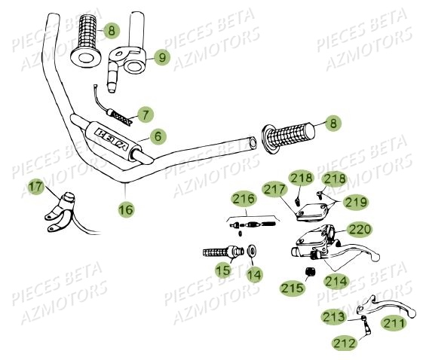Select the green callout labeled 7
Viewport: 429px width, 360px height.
tap(145, 114)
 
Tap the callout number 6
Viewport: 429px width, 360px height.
tap(157, 136)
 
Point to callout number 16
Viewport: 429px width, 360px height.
tap(126, 209)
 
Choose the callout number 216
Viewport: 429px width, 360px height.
tap(243, 199)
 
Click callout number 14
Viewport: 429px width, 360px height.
tap(255, 275)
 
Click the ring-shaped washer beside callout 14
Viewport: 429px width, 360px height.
tap(250, 251)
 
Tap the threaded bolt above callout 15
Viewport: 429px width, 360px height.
tap(220, 252)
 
